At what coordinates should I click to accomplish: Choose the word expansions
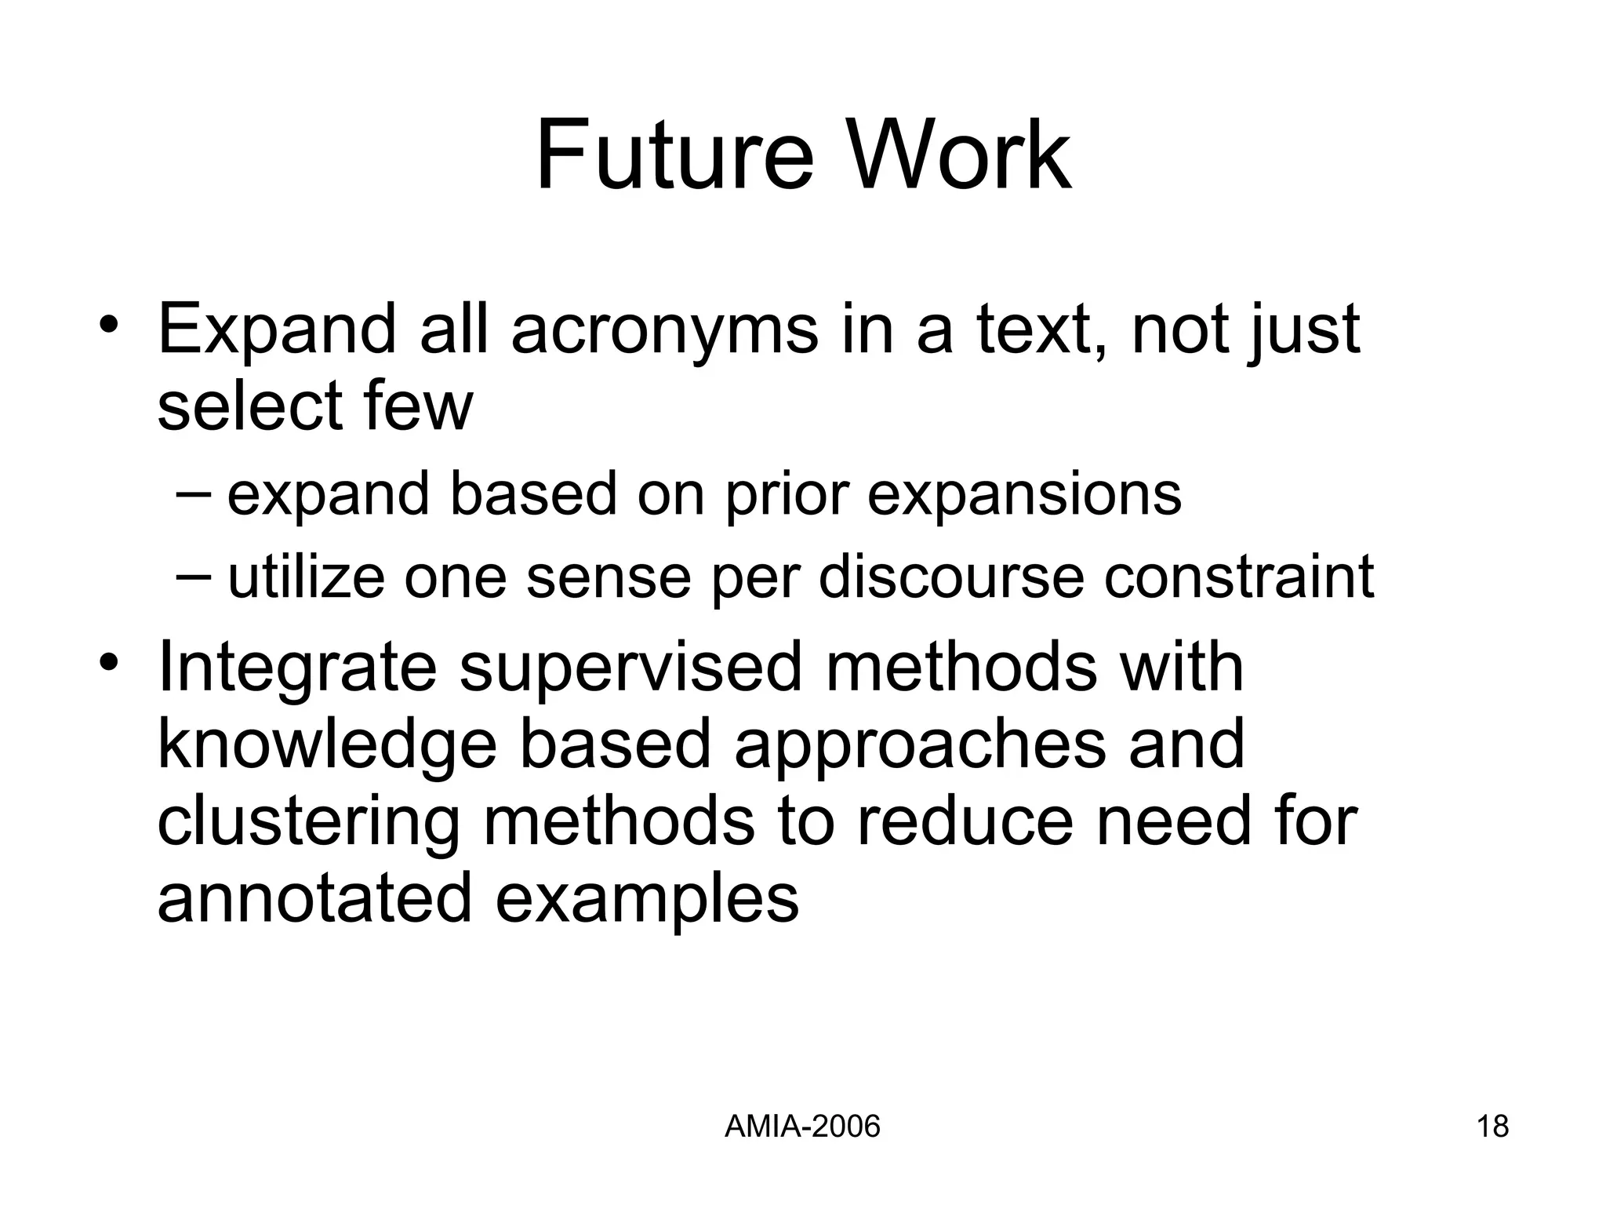[x=1023, y=497]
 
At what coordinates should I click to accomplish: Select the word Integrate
[x=296, y=669]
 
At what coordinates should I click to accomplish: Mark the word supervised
[x=630, y=669]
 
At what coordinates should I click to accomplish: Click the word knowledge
[x=327, y=746]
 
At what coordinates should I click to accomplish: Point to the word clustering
[x=308, y=823]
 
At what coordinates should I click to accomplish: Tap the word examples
[x=647, y=900]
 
